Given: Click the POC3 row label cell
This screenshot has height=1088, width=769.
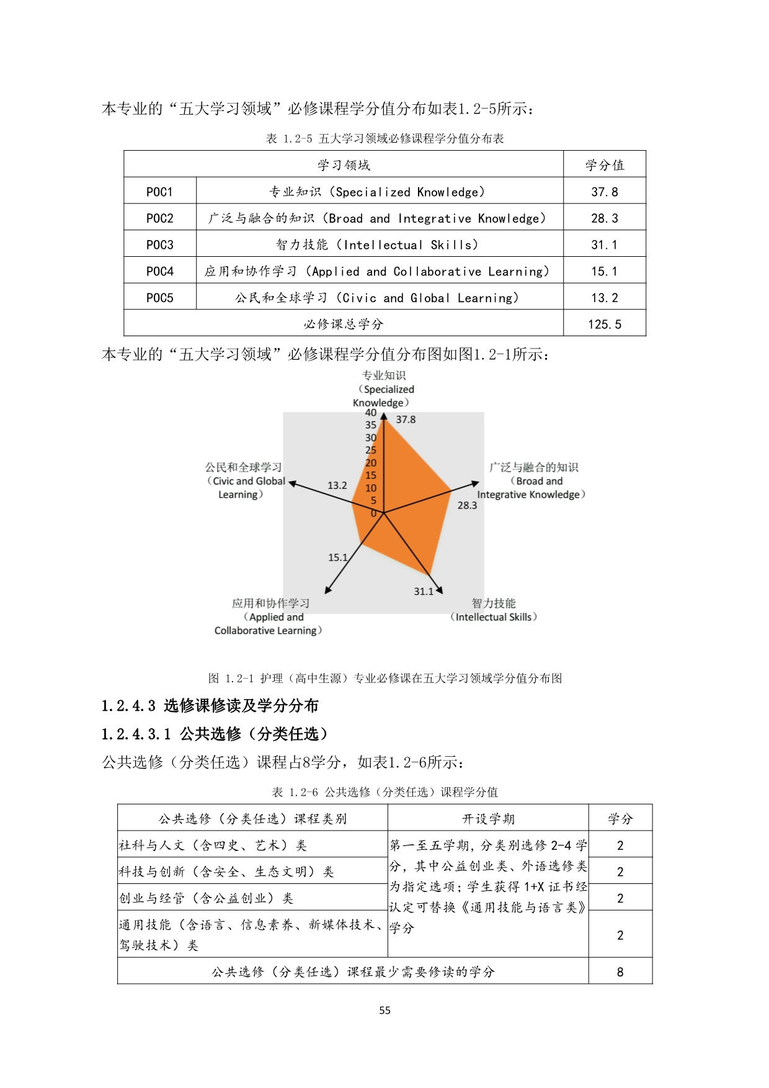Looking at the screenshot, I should coord(159,244).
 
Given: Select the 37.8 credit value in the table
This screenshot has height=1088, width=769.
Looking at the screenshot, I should coord(604,192).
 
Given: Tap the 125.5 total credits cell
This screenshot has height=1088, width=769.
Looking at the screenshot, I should coord(604,324).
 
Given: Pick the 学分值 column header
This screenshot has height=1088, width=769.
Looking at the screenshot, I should coord(604,165).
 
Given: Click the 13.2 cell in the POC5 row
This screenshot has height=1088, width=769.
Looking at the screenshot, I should coord(604,298).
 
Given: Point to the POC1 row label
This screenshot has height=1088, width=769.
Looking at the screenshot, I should coord(159,192).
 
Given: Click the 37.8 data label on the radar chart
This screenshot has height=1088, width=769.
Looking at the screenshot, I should coord(406,419).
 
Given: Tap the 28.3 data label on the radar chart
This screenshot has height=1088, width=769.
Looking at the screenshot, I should coord(467,505).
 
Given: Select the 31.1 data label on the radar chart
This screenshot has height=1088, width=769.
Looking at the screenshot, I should coord(424,591).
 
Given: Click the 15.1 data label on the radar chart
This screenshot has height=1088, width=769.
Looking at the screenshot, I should coord(337,557).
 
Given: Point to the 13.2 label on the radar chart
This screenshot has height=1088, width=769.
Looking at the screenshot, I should coord(337,485).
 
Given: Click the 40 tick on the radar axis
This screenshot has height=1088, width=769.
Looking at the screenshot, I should coord(370,412).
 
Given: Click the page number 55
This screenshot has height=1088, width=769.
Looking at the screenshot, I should coord(384,1010).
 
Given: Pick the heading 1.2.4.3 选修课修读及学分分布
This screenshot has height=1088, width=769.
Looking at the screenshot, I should coord(210,705).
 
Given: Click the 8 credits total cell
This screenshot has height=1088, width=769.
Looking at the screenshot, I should coord(620,971).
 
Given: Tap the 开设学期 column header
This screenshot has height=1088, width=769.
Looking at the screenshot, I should coord(487,819).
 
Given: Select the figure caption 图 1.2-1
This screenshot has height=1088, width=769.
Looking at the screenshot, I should coord(384,678).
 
